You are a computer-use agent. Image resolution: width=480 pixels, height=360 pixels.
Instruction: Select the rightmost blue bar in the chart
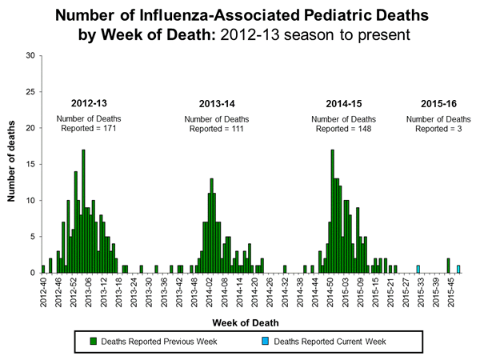coord(458,269)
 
